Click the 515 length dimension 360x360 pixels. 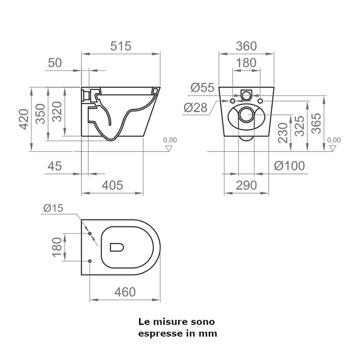121,46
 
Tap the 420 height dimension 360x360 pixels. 23,119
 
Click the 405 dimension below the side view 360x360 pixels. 112,186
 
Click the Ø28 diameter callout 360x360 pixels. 196,107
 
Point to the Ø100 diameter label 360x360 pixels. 289,166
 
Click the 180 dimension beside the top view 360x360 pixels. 57,246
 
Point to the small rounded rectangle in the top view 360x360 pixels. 116,247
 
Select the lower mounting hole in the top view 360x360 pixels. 89,262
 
